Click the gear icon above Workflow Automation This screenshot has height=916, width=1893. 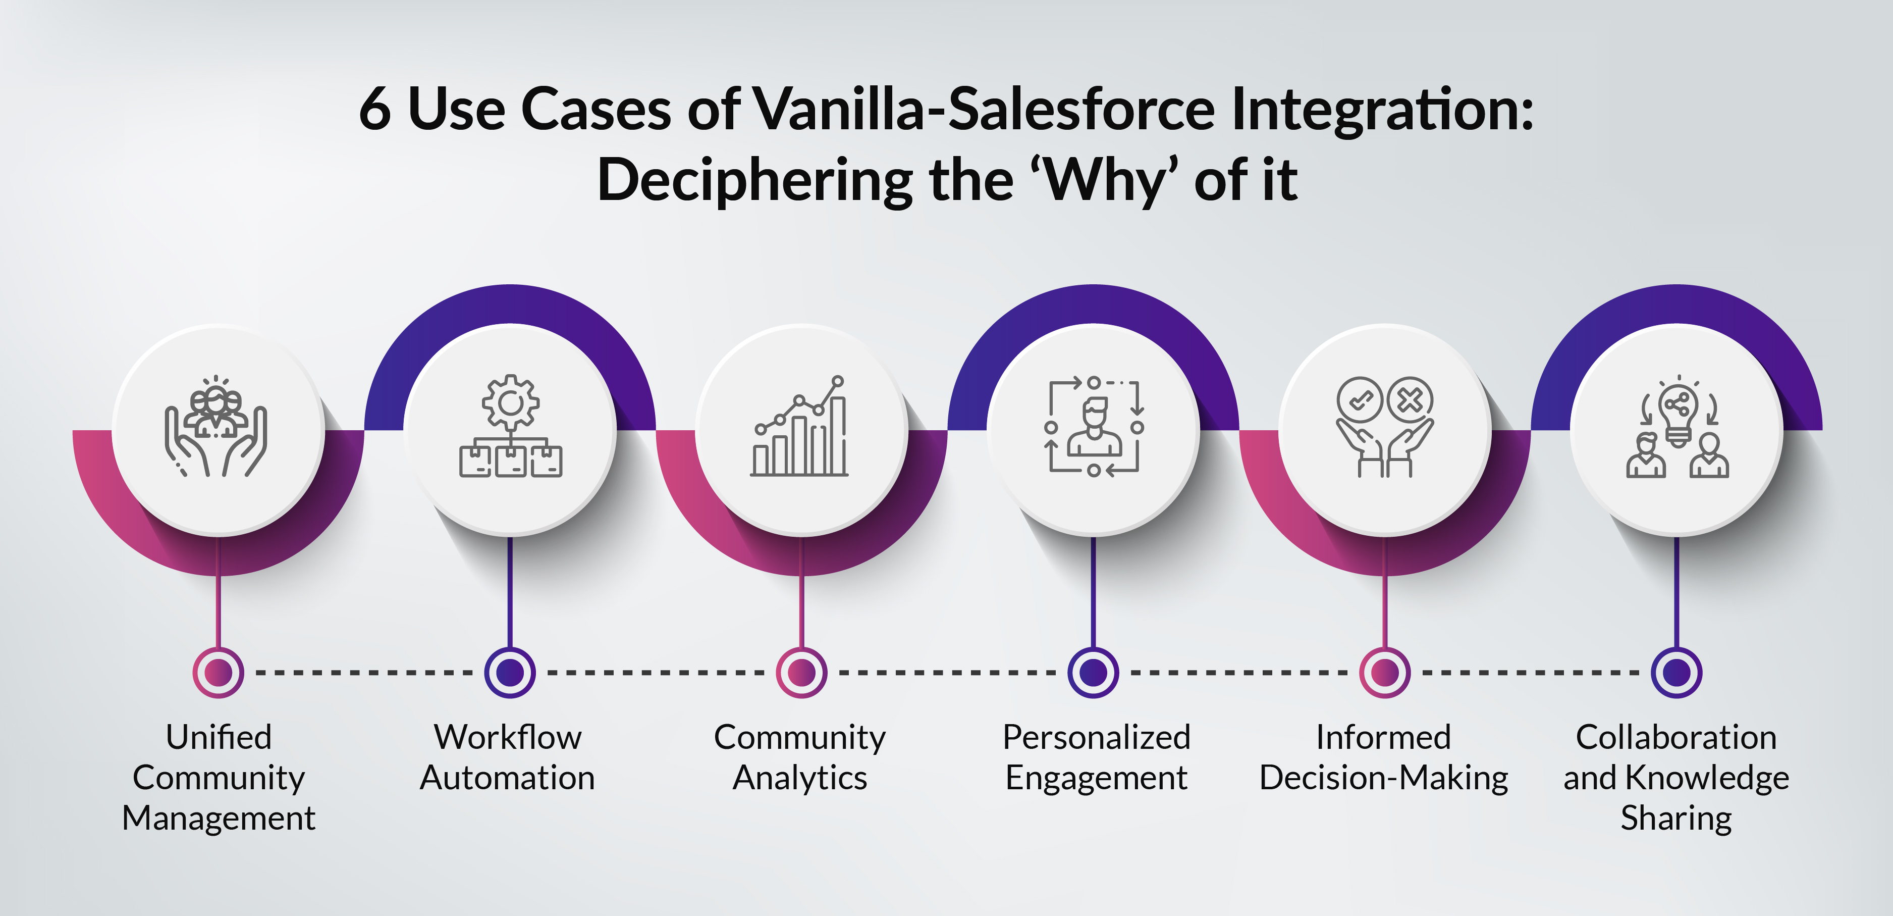pos(510,401)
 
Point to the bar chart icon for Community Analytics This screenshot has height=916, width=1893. pos(799,426)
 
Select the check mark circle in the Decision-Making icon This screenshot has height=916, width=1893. pos(1360,400)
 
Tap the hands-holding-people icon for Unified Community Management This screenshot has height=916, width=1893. pos(215,426)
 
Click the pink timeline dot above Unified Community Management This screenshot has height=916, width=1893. pos(218,672)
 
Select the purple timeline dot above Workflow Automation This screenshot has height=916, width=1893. pos(510,672)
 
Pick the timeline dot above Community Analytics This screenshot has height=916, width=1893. pos(802,672)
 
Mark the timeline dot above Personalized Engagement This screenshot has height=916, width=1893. pos(1094,672)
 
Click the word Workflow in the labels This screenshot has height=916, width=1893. pos(508,737)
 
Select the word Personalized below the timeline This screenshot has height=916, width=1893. pos(1097,737)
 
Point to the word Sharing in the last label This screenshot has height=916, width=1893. pos(1676,818)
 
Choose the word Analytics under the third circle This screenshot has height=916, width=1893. pos(800,778)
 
